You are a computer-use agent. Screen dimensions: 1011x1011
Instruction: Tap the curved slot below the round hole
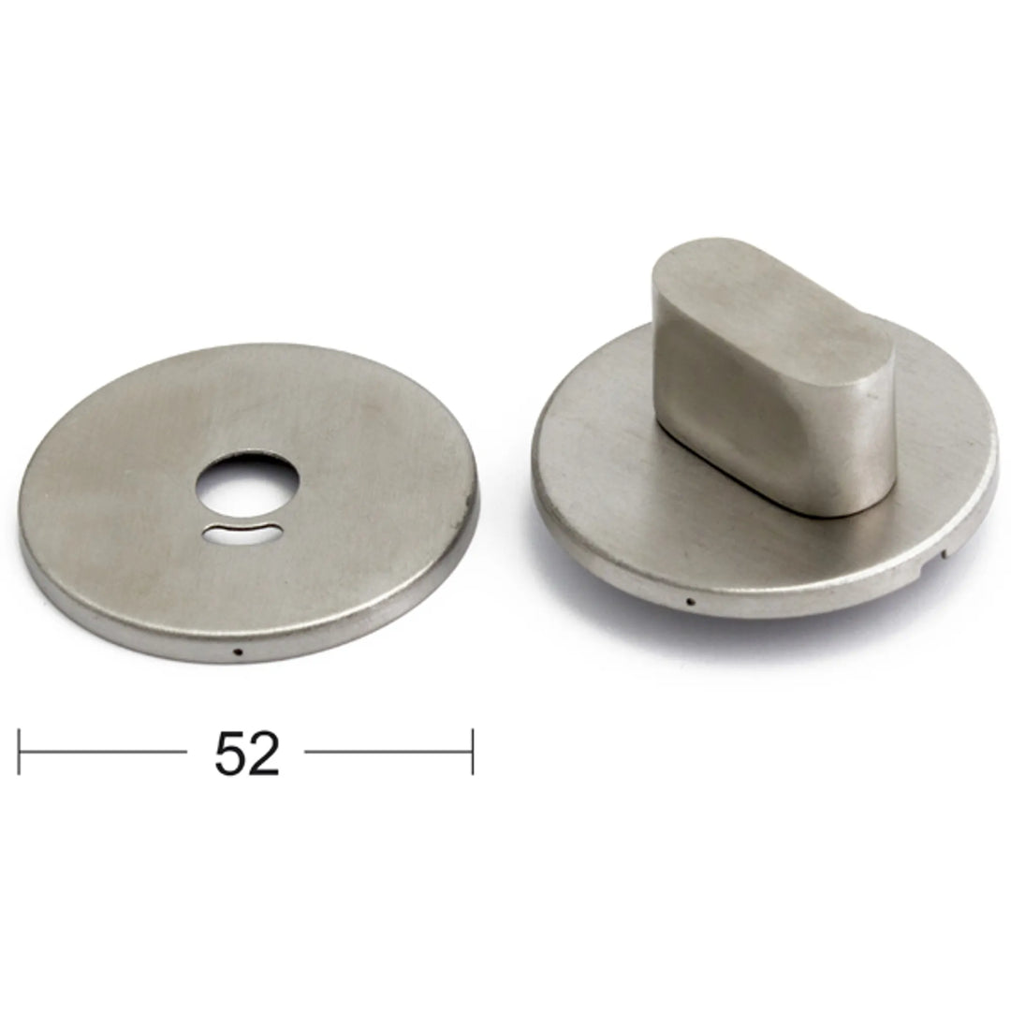242,534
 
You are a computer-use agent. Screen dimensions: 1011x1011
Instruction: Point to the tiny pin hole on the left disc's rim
239,652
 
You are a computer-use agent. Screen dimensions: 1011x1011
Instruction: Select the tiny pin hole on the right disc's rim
691,602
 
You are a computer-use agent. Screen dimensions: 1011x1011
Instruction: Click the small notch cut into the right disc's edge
944,552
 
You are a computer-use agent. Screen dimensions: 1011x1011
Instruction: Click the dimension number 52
247,753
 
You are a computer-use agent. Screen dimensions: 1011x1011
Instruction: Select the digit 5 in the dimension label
229,753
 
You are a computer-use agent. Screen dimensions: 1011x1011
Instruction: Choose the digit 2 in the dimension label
264,753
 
